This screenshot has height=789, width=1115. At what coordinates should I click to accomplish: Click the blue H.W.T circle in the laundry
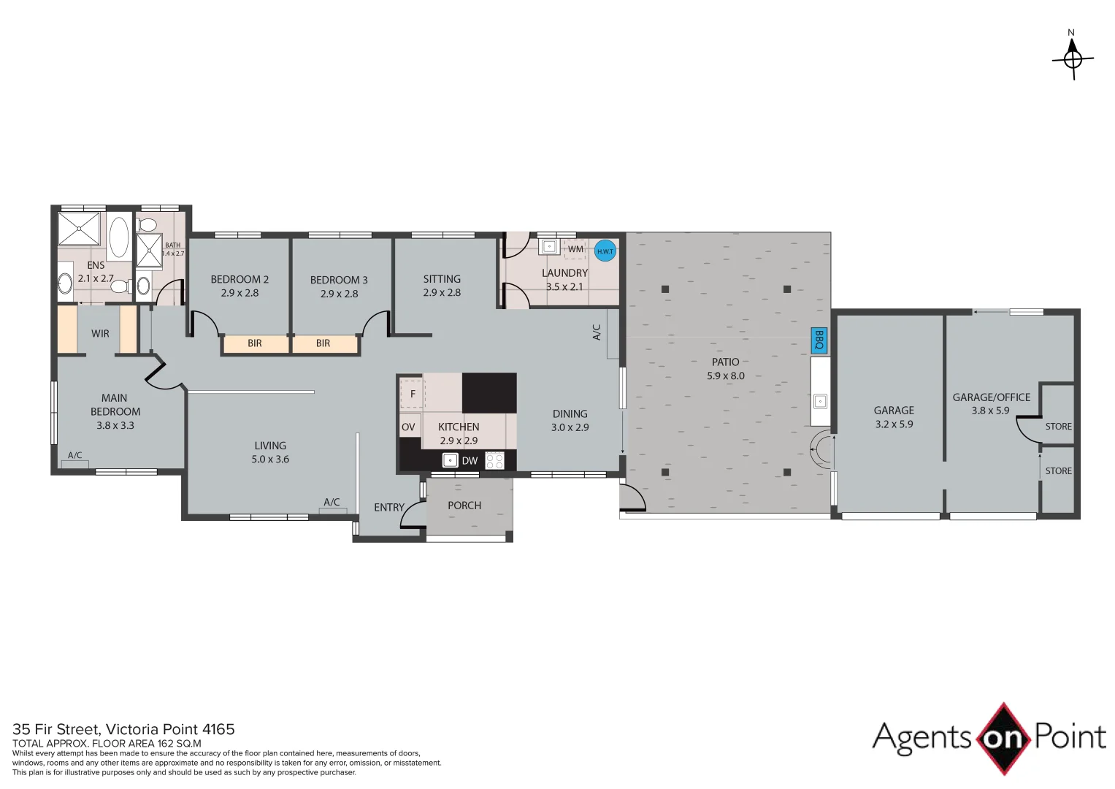click(605, 251)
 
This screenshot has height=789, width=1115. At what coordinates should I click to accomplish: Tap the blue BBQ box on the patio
click(819, 340)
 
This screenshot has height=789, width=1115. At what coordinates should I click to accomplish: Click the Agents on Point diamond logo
click(1003, 738)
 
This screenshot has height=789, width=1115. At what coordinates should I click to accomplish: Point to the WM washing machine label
click(575, 249)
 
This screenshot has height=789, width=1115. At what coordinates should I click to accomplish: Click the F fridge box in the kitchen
click(413, 394)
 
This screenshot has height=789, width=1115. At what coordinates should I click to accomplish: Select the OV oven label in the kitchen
click(408, 427)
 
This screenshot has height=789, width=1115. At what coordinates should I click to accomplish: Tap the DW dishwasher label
click(470, 460)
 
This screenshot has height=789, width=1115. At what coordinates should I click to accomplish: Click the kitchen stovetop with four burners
click(494, 460)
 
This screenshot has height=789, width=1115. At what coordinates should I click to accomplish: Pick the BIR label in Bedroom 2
click(254, 343)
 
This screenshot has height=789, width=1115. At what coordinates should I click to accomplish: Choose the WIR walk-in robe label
click(100, 334)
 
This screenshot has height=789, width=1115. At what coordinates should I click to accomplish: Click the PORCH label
click(464, 506)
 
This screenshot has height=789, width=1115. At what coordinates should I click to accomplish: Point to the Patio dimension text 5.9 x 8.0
click(725, 376)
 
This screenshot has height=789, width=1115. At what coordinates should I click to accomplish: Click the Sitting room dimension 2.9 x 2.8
click(442, 292)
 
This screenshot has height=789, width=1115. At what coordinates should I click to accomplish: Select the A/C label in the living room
click(332, 502)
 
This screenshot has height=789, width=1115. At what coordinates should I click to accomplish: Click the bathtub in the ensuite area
click(118, 237)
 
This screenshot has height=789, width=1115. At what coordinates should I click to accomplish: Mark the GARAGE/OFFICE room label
click(991, 397)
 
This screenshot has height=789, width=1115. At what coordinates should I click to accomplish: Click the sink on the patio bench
click(820, 400)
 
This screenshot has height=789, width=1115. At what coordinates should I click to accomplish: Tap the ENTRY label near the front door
click(388, 507)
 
